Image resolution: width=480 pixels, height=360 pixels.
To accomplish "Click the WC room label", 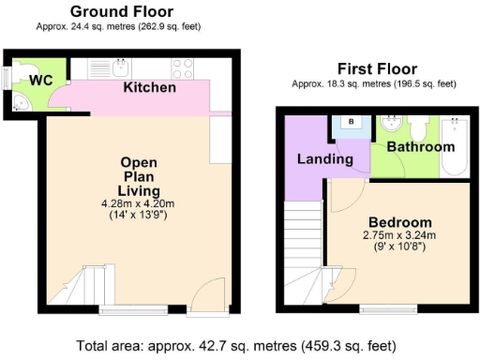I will click(x=38, y=81).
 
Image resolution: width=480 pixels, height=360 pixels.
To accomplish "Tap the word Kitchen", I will click(x=150, y=87).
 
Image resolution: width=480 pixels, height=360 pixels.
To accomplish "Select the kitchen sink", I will click(x=120, y=67).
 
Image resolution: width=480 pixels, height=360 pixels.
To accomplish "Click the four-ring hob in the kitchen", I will click(x=182, y=67).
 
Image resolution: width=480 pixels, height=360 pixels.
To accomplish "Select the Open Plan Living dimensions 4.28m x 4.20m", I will click(x=138, y=203).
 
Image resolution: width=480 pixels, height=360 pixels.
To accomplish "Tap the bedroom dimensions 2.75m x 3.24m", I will click(x=394, y=234).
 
